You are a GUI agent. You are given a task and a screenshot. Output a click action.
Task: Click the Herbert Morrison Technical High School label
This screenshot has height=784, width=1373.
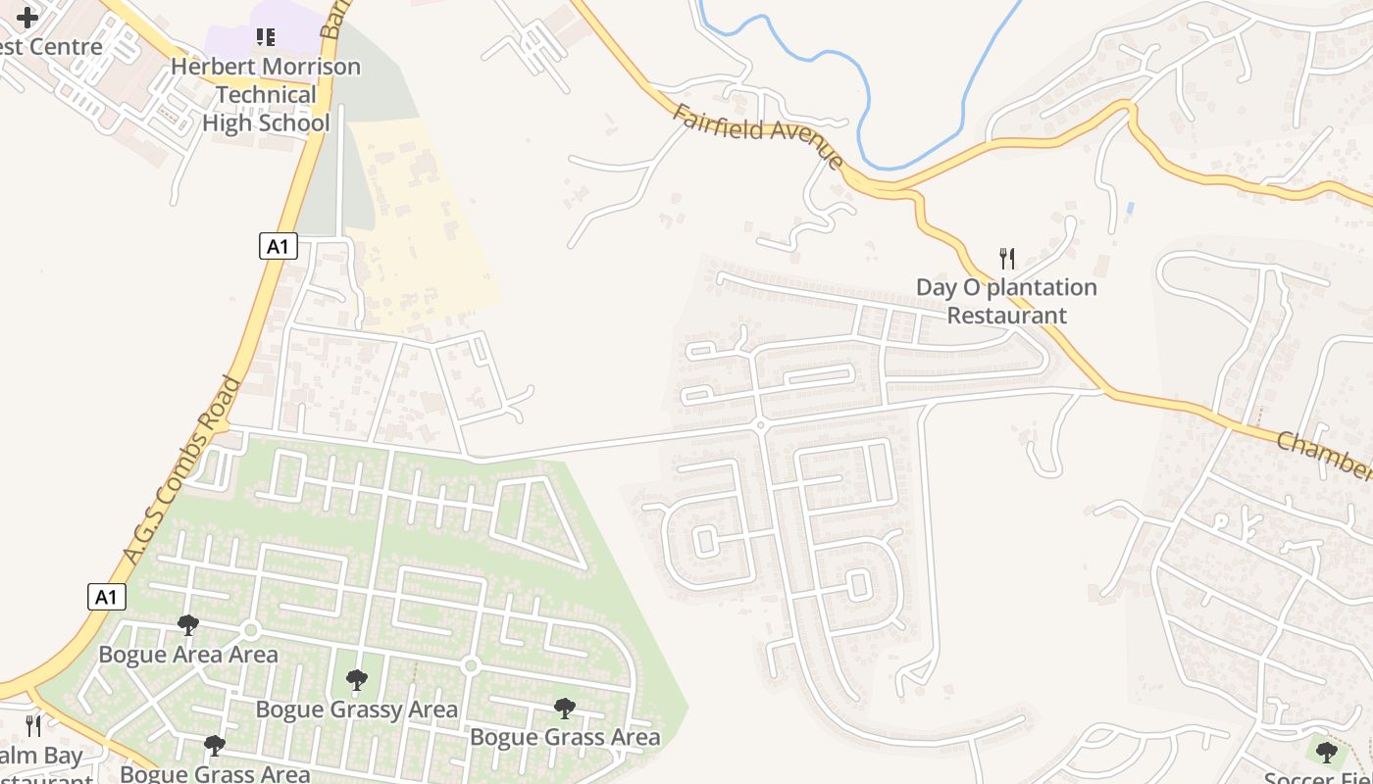point(266,95)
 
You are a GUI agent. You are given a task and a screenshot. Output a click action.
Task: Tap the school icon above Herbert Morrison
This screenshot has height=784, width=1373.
point(266,37)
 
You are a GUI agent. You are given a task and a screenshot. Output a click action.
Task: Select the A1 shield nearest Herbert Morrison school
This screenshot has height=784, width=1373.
point(279,246)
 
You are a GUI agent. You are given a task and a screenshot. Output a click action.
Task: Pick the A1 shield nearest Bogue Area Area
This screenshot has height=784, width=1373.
point(107,596)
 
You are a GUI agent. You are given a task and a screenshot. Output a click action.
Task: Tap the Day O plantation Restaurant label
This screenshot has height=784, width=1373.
point(1006,301)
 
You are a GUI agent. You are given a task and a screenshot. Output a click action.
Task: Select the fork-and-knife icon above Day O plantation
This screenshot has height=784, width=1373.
point(1006,259)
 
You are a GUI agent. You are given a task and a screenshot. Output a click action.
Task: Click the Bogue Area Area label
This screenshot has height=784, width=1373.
point(188,654)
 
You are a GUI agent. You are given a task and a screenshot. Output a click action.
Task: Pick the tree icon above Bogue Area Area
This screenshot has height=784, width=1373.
point(188,625)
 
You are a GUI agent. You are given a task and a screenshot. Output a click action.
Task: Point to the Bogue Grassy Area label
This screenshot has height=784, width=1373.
point(357,709)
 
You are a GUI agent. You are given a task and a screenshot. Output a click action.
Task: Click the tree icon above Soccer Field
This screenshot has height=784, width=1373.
point(1327,753)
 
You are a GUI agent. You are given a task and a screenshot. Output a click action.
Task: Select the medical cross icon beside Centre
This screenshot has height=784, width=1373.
point(27,17)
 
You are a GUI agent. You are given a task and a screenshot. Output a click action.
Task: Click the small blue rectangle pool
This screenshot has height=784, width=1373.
point(1131,209)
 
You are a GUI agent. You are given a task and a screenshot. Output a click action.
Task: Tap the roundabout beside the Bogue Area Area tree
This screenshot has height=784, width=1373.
point(250,630)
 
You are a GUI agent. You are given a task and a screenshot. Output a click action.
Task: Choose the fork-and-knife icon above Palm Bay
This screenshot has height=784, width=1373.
point(33,726)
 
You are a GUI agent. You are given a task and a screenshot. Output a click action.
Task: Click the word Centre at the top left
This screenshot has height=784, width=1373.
point(67,47)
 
